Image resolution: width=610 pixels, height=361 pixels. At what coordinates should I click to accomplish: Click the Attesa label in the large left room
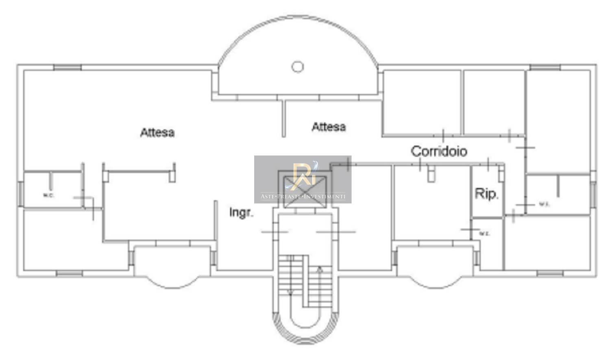(157, 132)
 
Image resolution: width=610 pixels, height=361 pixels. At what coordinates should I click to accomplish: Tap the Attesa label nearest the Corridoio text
(329, 127)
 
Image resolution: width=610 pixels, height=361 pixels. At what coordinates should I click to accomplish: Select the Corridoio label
(439, 151)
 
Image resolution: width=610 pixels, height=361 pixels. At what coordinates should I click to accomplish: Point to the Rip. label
(486, 194)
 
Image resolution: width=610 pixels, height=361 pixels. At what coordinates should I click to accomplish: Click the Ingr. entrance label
(241, 212)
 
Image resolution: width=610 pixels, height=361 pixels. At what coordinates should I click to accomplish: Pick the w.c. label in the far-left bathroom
(48, 195)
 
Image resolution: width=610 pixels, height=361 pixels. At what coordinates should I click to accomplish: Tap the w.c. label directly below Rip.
(484, 234)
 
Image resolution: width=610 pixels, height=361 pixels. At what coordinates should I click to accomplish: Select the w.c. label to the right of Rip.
(545, 204)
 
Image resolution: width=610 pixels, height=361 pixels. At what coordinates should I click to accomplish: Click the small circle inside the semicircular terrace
(298, 66)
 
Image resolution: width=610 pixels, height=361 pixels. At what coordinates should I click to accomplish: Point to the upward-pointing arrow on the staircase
(320, 269)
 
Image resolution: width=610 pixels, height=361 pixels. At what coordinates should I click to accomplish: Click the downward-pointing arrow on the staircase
(290, 291)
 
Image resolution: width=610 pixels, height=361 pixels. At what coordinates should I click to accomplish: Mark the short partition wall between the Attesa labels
(284, 118)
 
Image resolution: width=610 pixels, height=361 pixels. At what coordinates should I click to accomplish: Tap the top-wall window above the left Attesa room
(68, 67)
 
